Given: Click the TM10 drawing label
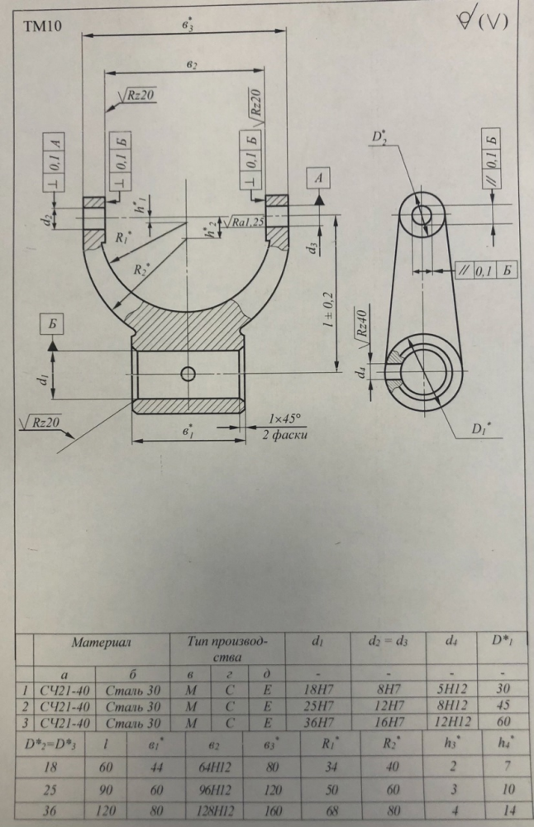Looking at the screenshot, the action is tap(42, 26).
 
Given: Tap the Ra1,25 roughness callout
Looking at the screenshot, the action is tap(242, 222).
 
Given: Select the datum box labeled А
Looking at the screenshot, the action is tap(318, 179).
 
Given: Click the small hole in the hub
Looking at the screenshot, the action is tap(188, 374).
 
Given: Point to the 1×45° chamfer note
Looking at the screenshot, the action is tap(284, 419).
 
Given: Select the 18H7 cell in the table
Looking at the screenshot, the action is tap(318, 689).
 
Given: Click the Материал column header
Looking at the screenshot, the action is tap(101, 643).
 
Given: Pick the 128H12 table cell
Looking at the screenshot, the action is tap(216, 811).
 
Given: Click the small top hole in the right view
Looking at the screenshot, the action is tap(421, 216).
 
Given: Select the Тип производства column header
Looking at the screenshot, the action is tap(227, 649).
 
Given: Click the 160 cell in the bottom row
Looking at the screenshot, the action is tap(271, 811).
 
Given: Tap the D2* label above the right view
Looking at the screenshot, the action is tap(379, 136).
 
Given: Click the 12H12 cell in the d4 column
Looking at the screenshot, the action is tap(451, 721).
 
